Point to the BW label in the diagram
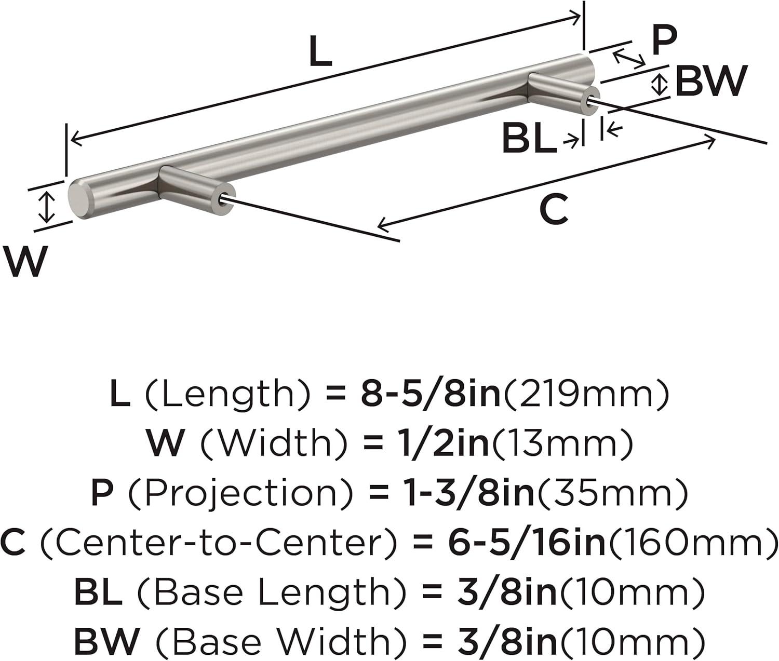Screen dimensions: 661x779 [x=711, y=82]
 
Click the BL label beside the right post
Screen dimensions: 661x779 [x=529, y=139]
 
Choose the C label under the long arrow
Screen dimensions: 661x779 [x=554, y=210]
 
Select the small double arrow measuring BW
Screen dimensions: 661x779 [x=660, y=85]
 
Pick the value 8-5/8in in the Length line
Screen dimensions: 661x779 [x=431, y=394]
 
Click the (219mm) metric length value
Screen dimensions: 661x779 [x=586, y=394]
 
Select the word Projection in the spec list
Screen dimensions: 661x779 [x=241, y=493]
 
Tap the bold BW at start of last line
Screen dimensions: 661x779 [x=106, y=641]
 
